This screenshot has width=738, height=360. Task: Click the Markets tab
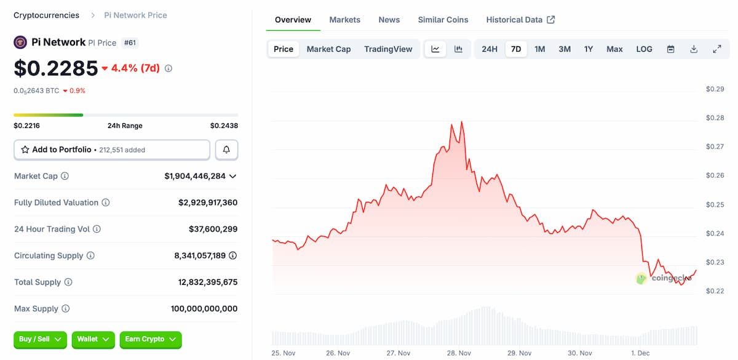click(x=344, y=20)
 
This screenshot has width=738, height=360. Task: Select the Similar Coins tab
click(x=443, y=20)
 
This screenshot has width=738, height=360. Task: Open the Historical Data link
click(x=520, y=20)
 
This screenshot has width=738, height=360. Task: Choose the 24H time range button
click(x=490, y=49)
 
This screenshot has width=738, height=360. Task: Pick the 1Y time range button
click(x=589, y=49)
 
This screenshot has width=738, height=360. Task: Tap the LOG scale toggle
click(x=644, y=49)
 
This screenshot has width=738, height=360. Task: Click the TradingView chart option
click(x=388, y=49)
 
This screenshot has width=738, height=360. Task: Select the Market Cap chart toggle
click(x=328, y=49)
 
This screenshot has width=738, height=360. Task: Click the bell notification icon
click(x=226, y=150)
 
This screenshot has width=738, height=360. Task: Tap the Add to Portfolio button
click(x=112, y=150)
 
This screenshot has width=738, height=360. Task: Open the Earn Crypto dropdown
click(x=150, y=339)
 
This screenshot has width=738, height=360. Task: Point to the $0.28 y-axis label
click(x=715, y=118)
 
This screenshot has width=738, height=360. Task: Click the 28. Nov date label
click(x=459, y=353)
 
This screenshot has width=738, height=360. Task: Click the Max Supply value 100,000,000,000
click(x=204, y=309)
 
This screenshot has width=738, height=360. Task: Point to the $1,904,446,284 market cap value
click(x=195, y=176)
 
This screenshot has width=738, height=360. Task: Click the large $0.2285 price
click(x=56, y=68)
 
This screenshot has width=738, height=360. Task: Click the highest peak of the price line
click(x=461, y=122)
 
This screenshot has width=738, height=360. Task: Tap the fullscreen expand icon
click(x=716, y=49)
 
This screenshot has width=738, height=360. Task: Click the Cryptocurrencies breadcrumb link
click(x=46, y=15)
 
